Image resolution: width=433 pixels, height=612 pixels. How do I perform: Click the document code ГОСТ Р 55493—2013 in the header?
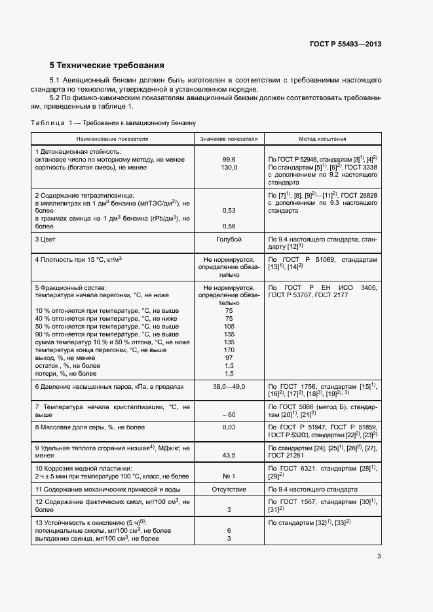[345, 45]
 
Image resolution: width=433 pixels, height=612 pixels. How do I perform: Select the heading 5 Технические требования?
[106, 65]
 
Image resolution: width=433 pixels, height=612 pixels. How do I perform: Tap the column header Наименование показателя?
[113, 139]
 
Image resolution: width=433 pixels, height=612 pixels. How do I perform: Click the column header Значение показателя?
[229, 139]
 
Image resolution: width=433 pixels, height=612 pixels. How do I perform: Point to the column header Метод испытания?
[323, 139]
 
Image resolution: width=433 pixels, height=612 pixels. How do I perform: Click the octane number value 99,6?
[229, 159]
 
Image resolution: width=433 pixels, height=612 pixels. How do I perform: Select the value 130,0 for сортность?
[229, 168]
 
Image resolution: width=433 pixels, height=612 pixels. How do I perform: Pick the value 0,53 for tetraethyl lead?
[229, 210]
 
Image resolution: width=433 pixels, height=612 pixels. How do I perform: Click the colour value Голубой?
[229, 240]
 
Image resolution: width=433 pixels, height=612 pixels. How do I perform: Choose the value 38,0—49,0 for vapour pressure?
[229, 387]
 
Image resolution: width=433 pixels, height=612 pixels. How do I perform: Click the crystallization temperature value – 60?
[229, 415]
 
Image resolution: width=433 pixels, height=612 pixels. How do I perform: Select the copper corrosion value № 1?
[229, 477]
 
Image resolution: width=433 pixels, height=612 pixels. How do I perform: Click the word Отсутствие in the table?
[229, 489]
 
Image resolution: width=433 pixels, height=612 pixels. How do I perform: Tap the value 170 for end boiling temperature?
[229, 350]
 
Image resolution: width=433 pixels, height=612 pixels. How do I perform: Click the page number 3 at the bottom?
[379, 557]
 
